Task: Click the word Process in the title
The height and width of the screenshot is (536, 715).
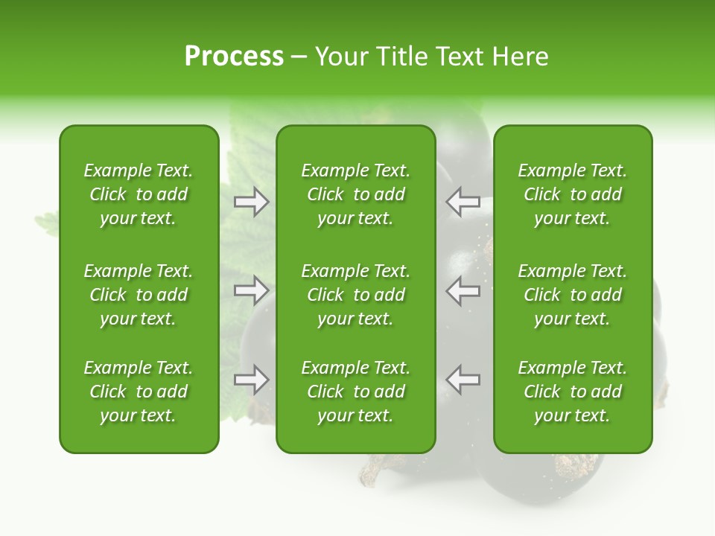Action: tap(234, 57)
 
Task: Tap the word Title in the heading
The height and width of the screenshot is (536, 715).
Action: tap(398, 57)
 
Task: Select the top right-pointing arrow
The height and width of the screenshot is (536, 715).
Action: tap(252, 202)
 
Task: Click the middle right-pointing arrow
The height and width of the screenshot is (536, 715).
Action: tap(252, 290)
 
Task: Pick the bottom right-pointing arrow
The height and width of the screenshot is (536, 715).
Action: tap(252, 380)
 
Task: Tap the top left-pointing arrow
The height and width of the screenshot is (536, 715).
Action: tap(463, 202)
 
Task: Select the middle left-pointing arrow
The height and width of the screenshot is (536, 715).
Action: tap(463, 290)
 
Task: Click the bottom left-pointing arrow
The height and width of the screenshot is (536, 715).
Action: tap(463, 380)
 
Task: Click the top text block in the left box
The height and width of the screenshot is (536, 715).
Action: tap(139, 194)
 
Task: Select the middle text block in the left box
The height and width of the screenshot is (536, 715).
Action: tap(139, 295)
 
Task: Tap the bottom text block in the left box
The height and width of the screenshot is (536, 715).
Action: tap(139, 392)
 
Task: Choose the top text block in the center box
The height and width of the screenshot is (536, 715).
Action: tap(355, 194)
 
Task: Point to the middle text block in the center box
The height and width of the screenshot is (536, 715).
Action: tap(355, 295)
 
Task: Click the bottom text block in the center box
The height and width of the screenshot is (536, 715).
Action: tap(355, 392)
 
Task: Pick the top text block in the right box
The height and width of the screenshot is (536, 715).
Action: tap(572, 194)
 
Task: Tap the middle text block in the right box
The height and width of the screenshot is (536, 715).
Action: tap(572, 295)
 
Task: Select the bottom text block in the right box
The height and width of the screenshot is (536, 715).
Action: tap(572, 392)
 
